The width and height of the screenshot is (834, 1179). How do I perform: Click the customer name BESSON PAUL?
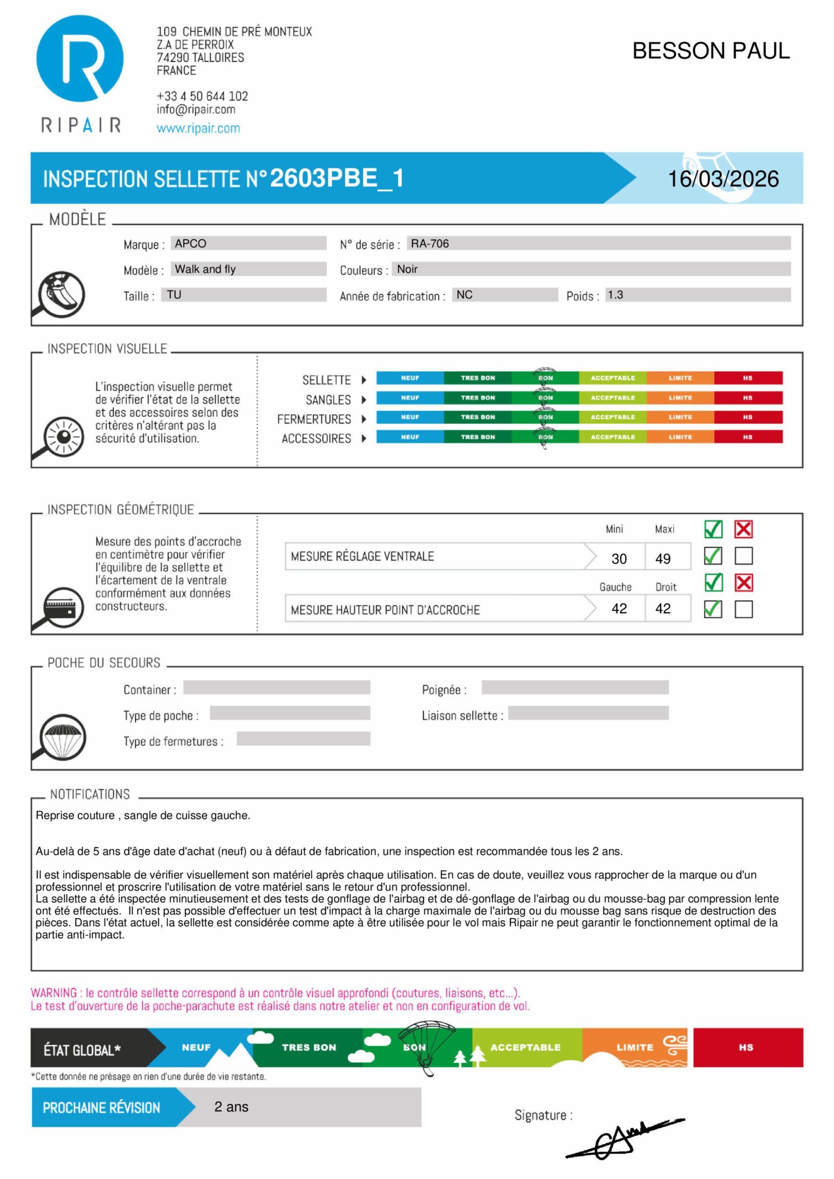coord(711,51)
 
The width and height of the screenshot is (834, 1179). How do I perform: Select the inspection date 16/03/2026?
coord(723,179)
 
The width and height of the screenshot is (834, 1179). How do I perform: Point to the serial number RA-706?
coord(430,244)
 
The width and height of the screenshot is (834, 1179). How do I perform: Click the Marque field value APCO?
coord(190,244)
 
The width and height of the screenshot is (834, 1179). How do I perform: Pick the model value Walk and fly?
coord(205,269)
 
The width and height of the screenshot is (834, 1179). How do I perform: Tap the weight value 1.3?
coord(615,295)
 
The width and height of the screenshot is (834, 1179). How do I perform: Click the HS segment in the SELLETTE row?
coord(748,378)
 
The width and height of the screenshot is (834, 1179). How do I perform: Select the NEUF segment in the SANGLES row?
coord(410,398)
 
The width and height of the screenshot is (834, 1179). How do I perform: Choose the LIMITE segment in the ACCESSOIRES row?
coord(680,437)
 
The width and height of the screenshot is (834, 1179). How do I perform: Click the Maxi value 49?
coord(662,559)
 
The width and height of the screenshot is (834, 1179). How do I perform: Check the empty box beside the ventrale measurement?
coord(743,556)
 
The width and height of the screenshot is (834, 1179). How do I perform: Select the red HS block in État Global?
coord(748,1048)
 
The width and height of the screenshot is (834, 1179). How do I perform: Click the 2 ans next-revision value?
coord(231,1107)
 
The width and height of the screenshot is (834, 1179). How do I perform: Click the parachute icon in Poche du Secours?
coord(63,737)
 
